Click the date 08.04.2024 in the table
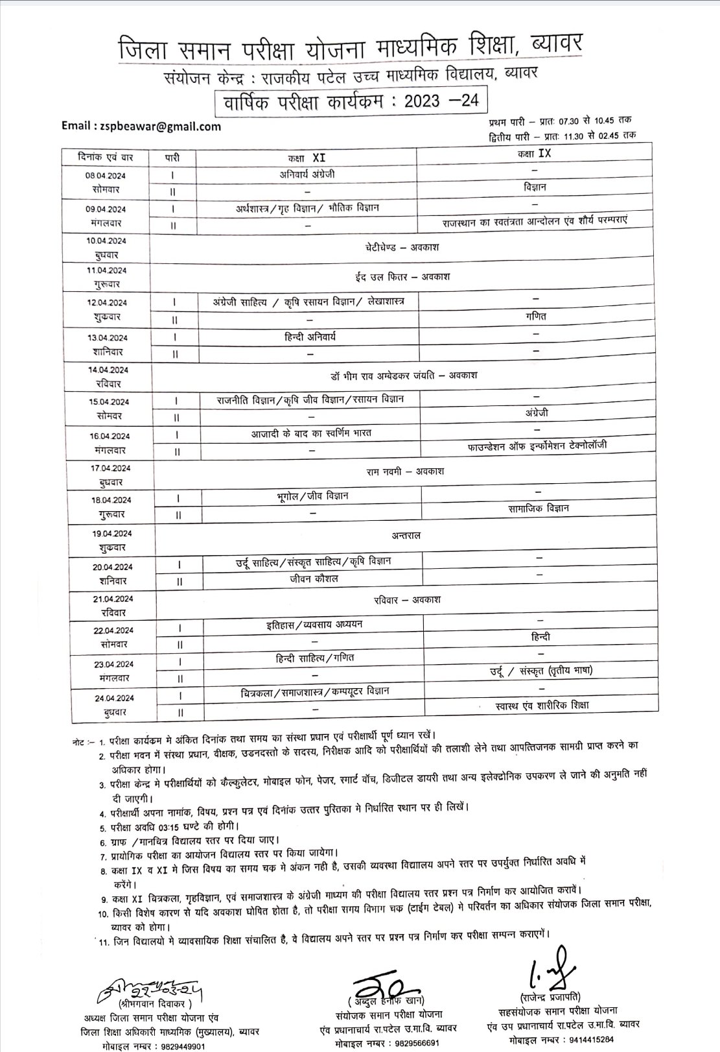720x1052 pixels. pyautogui.click(x=106, y=176)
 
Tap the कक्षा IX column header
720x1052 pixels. pyautogui.click(x=534, y=154)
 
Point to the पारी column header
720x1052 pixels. pyautogui.click(x=172, y=158)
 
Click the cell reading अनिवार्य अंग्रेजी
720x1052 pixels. pyautogui.click(x=307, y=174)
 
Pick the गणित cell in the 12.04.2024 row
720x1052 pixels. pyautogui.click(x=536, y=316)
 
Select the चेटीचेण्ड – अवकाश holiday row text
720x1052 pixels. pyautogui.click(x=402, y=247)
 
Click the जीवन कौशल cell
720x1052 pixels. pyautogui.click(x=314, y=578)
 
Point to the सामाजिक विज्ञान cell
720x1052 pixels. pyautogui.click(x=539, y=508)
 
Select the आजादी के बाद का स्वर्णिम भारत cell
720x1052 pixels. pyautogui.click(x=311, y=433)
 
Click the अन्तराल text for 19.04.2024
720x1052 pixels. pyautogui.click(x=406, y=535)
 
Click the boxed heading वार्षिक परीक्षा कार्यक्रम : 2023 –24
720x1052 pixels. pyautogui.click(x=350, y=102)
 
